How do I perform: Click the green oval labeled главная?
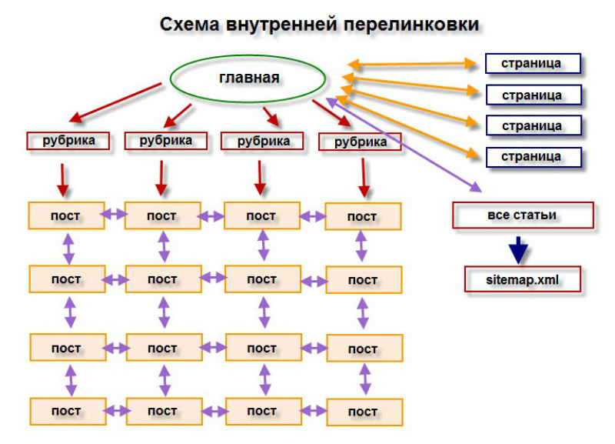point(248,78)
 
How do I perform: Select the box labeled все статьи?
point(522,215)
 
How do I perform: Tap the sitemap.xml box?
point(522,279)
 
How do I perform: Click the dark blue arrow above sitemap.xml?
point(520,249)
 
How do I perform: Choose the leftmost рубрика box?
point(65,141)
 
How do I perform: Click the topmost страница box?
point(532,62)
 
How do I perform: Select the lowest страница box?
point(532,156)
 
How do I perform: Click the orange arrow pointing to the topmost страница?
point(412,63)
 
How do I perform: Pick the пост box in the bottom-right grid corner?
point(363,412)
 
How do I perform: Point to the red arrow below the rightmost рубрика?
point(362,179)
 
